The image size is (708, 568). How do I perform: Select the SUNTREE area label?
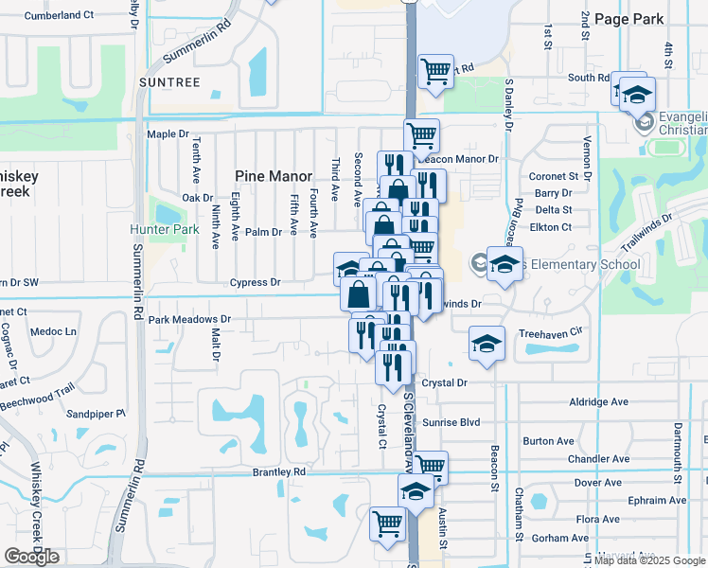coord(169,82)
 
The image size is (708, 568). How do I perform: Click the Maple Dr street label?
coord(167,134)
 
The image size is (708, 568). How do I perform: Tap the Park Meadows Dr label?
coord(189,320)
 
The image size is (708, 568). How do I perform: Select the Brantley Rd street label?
coord(279,471)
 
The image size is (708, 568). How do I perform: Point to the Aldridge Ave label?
coord(599,401)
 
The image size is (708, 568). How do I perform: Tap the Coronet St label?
coord(554,176)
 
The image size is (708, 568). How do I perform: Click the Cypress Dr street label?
coord(255,282)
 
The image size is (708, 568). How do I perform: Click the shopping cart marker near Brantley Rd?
coord(430,465)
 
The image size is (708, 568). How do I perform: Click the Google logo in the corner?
coord(31,557)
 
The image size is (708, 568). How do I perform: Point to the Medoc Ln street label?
coord(53,331)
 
